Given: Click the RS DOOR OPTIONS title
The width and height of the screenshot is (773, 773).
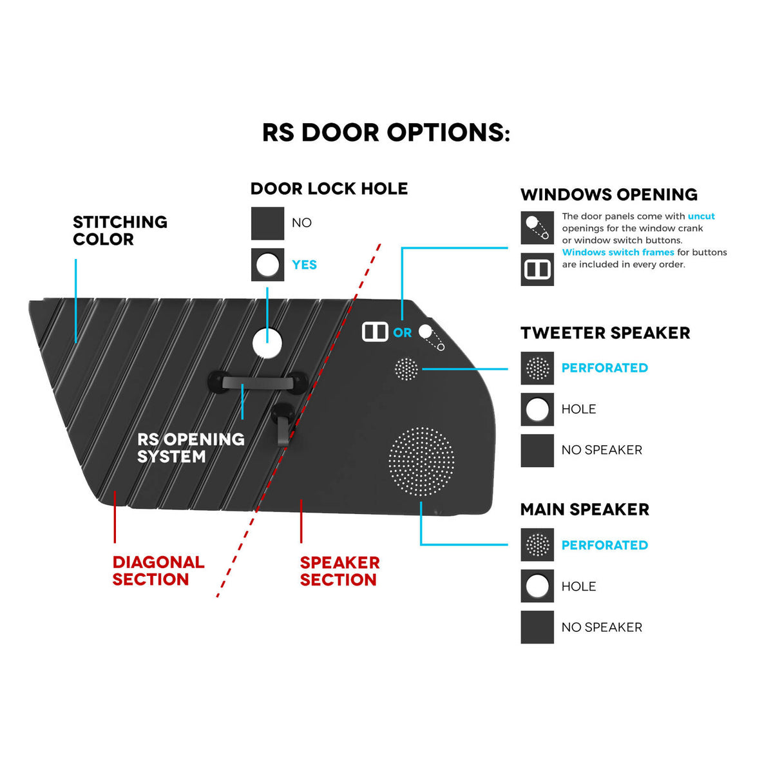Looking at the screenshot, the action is point(386,133).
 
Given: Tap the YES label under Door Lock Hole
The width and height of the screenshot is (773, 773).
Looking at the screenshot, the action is point(304,265).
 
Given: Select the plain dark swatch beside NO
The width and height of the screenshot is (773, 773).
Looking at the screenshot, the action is point(267,224).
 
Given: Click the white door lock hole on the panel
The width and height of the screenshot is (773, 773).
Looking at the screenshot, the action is point(267,343).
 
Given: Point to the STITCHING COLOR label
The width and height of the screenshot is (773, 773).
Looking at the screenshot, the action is point(120,231).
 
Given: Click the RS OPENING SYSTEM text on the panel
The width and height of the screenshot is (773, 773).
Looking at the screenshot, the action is point(191,448).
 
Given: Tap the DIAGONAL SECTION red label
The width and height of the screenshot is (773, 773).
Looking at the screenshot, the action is point(158,571).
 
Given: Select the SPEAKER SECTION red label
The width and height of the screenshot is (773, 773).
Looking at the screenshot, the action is point(339,571).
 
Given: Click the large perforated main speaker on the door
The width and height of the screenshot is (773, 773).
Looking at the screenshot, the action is point(421,461).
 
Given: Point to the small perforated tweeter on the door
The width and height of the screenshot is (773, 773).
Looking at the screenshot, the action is point(406,369).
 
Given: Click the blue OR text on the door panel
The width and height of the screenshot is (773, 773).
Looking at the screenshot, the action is point(403,332).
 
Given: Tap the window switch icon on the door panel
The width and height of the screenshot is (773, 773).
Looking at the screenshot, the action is point(375,332).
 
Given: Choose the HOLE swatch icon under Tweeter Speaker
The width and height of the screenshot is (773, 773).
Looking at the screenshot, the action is point(537,409).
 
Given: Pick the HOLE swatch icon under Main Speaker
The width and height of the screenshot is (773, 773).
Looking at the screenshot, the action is point(537,586).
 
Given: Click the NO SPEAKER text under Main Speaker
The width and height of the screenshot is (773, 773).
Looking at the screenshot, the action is point(602,627).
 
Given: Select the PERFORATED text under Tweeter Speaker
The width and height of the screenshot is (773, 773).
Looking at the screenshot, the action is point(604,368).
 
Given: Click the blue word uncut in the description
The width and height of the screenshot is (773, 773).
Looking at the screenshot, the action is point(701,216).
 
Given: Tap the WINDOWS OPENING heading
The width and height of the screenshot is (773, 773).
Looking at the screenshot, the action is point(609,195).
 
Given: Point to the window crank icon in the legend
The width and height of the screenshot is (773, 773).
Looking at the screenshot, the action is point(537,228).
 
